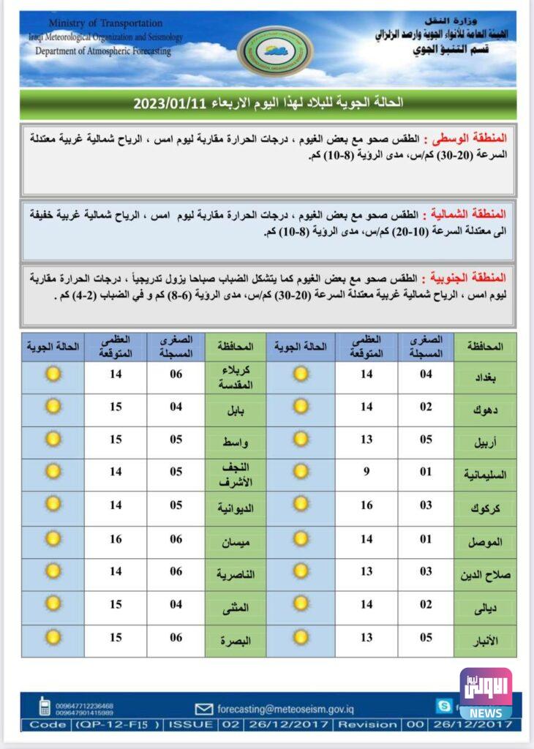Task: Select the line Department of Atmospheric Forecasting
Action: point(103,51)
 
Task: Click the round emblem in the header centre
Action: point(275,51)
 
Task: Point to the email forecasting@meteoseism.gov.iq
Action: point(285,708)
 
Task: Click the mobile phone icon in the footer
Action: point(45,707)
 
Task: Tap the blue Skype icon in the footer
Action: point(443,706)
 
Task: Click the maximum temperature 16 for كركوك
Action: point(366,505)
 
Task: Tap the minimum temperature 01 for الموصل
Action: point(426,539)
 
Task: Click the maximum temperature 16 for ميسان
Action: point(116,539)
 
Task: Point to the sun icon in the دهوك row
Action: point(301,407)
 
